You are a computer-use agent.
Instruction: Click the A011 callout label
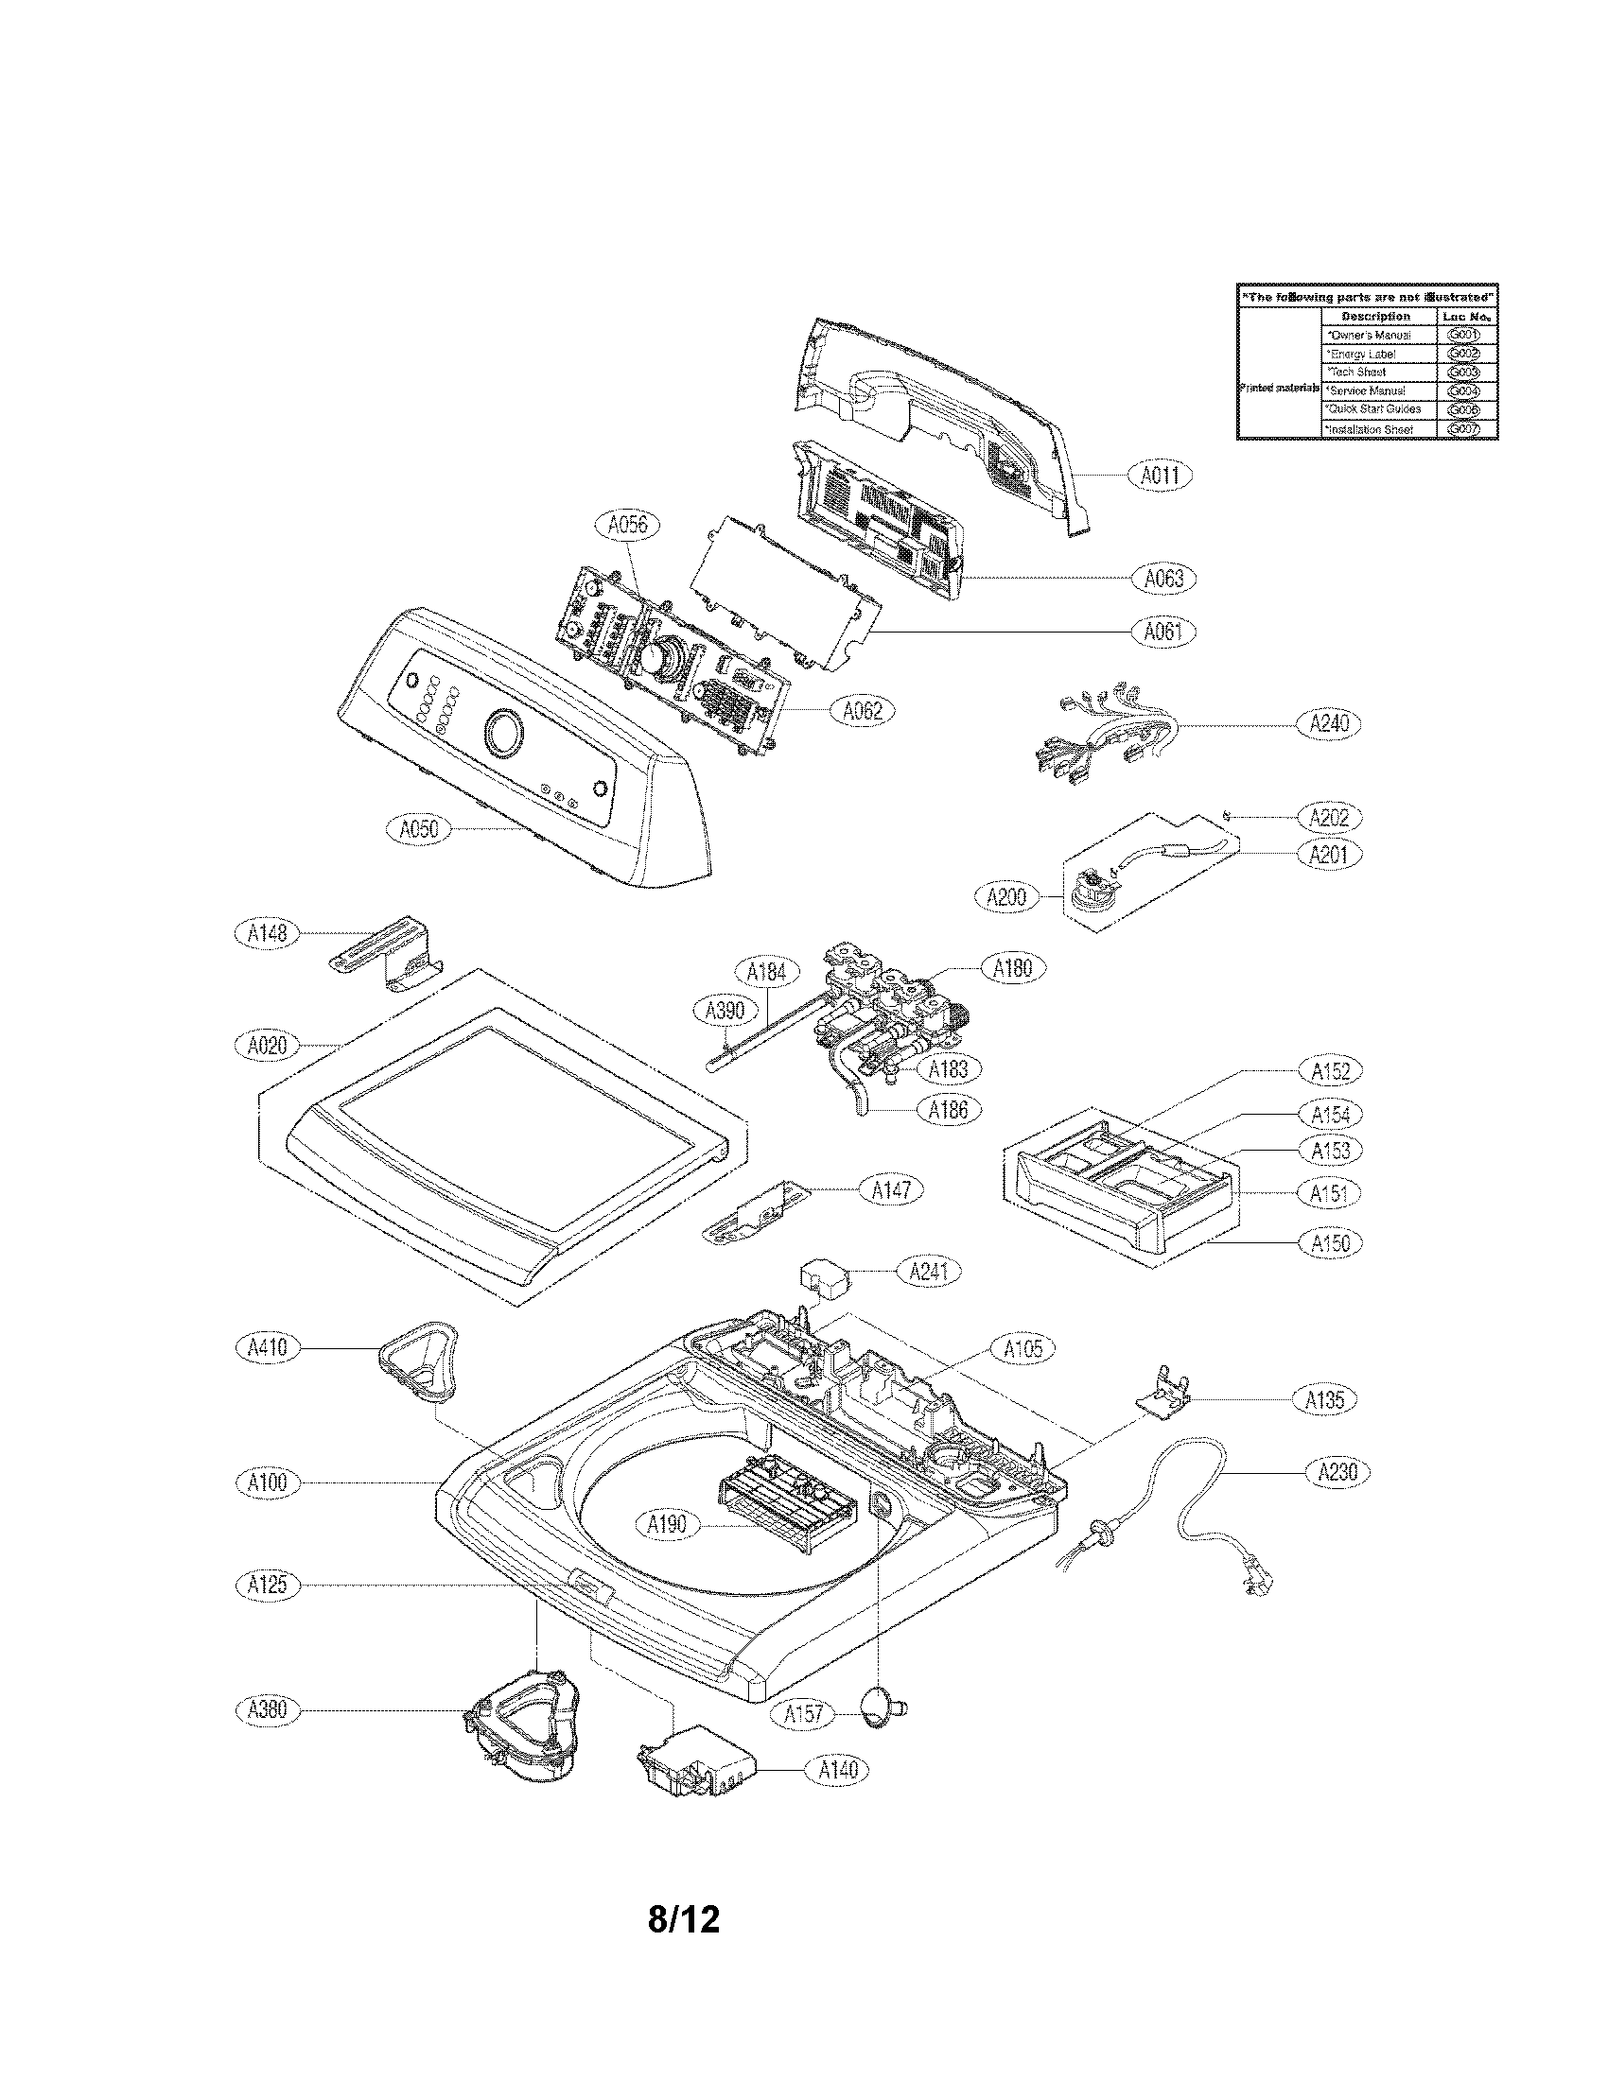(x=1161, y=475)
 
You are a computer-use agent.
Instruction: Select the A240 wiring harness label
(x=1329, y=724)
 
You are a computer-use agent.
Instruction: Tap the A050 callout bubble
(x=418, y=828)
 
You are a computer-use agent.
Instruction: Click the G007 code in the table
(x=1461, y=428)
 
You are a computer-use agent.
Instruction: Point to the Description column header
(x=1375, y=316)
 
